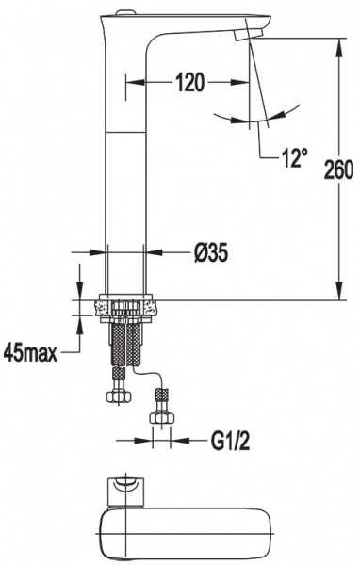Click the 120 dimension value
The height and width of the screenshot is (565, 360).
click(189, 83)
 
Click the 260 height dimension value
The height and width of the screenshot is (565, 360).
click(338, 169)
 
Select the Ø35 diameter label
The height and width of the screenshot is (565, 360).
click(211, 252)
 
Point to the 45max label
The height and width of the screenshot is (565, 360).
click(31, 353)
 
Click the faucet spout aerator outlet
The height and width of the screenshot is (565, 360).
click(248, 36)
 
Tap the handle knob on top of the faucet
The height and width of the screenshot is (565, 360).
click(124, 14)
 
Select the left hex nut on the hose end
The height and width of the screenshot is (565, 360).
click(119, 396)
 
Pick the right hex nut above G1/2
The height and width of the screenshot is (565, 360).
click(161, 417)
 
